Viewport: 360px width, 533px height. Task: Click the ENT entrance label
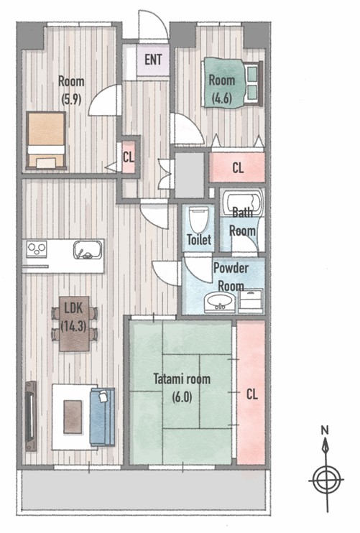pyautogui.click(x=153, y=60)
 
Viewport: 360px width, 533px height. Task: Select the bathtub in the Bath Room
pyautogui.click(x=242, y=204)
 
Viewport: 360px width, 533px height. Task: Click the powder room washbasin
pyautogui.click(x=219, y=302)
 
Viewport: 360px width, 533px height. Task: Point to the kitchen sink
pyautogui.click(x=88, y=250)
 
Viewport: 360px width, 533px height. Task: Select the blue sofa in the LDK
pyautogui.click(x=102, y=417)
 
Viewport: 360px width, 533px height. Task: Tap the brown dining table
pyautogui.click(x=75, y=323)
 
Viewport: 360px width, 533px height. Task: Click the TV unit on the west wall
pyautogui.click(x=31, y=416)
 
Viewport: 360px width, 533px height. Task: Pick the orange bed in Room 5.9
pyautogui.click(x=46, y=140)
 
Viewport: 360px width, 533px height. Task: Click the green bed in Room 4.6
pyautogui.click(x=233, y=83)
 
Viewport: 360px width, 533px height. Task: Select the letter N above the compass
pyautogui.click(x=325, y=430)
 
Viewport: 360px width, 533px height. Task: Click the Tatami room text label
pyautogui.click(x=182, y=379)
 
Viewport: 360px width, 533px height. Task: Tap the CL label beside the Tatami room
pyautogui.click(x=252, y=394)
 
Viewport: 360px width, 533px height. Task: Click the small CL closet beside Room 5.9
pyautogui.click(x=129, y=157)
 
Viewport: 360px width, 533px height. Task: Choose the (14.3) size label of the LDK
pyautogui.click(x=73, y=325)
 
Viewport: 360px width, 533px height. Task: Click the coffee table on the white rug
pyautogui.click(x=73, y=417)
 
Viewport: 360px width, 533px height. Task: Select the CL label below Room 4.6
pyautogui.click(x=238, y=167)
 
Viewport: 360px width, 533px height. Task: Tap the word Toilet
pyautogui.click(x=199, y=240)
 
